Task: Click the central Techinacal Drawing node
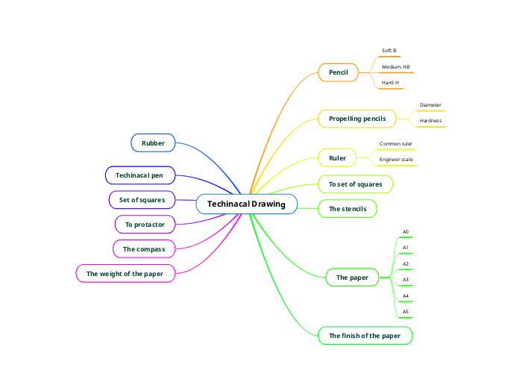click(246, 204)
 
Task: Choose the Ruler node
click(337, 157)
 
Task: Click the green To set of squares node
click(355, 184)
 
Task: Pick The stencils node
click(347, 209)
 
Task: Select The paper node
click(352, 278)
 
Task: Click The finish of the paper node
click(364, 336)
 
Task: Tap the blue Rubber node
click(153, 142)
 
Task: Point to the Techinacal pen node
click(140, 175)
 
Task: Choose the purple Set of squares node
click(142, 200)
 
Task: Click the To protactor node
click(145, 224)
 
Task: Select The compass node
click(144, 248)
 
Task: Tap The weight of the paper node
click(125, 274)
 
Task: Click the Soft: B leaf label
click(389, 51)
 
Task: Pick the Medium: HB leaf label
click(395, 67)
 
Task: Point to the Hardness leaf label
click(430, 120)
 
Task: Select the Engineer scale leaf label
click(396, 159)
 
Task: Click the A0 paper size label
click(405, 232)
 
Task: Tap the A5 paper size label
click(405, 312)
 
